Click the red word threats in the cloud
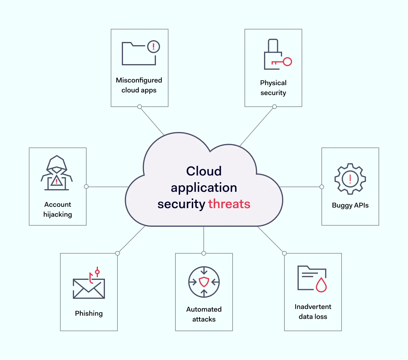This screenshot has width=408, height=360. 229,204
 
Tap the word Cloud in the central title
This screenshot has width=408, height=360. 204,171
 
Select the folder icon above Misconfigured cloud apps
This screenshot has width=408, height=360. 139,54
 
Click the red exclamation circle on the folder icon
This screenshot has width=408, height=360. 153,46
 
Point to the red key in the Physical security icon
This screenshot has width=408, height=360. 282,62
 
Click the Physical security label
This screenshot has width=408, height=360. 273,88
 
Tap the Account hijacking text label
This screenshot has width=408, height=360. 58,209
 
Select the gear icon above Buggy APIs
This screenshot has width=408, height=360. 350,179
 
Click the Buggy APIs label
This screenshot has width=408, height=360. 350,205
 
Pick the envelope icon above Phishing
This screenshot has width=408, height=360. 89,288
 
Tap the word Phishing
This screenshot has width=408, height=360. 89,313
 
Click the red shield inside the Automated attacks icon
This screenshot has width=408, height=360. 204,282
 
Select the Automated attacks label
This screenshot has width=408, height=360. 204,314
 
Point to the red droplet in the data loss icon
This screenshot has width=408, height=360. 321,285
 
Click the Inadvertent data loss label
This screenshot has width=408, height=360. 313,312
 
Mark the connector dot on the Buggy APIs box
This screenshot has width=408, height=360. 322,187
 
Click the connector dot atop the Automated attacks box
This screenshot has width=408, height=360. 204,253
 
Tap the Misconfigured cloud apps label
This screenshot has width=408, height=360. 139,85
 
